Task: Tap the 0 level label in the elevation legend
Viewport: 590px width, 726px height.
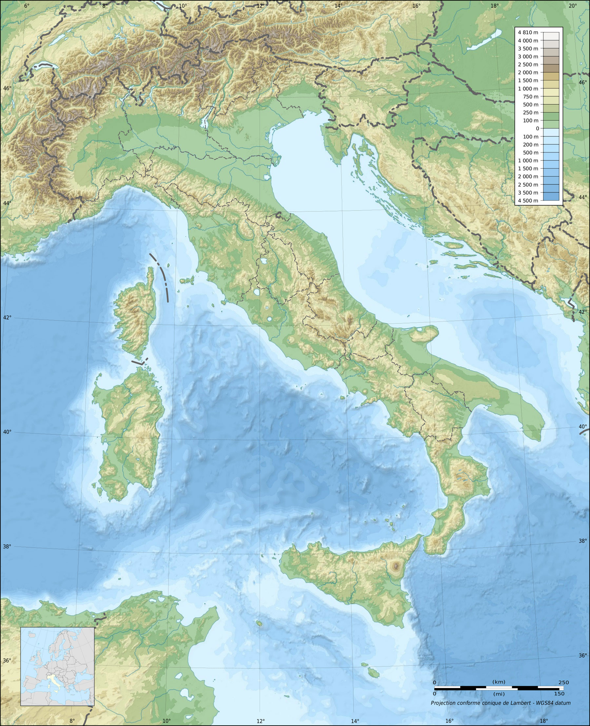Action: point(537,128)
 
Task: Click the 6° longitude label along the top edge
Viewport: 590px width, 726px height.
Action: point(27,6)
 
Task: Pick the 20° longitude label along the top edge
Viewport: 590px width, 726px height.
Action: point(572,6)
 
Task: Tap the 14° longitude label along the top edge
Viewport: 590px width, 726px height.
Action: point(338,6)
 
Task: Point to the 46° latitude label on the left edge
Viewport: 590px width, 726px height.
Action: point(7,88)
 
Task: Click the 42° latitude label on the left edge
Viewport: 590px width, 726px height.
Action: point(7,318)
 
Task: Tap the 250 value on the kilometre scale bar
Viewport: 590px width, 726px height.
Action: point(563,682)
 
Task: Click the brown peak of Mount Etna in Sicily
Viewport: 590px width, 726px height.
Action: point(395,566)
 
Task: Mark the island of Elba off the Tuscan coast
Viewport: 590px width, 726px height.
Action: point(187,281)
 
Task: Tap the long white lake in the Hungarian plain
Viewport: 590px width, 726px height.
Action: point(484,40)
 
